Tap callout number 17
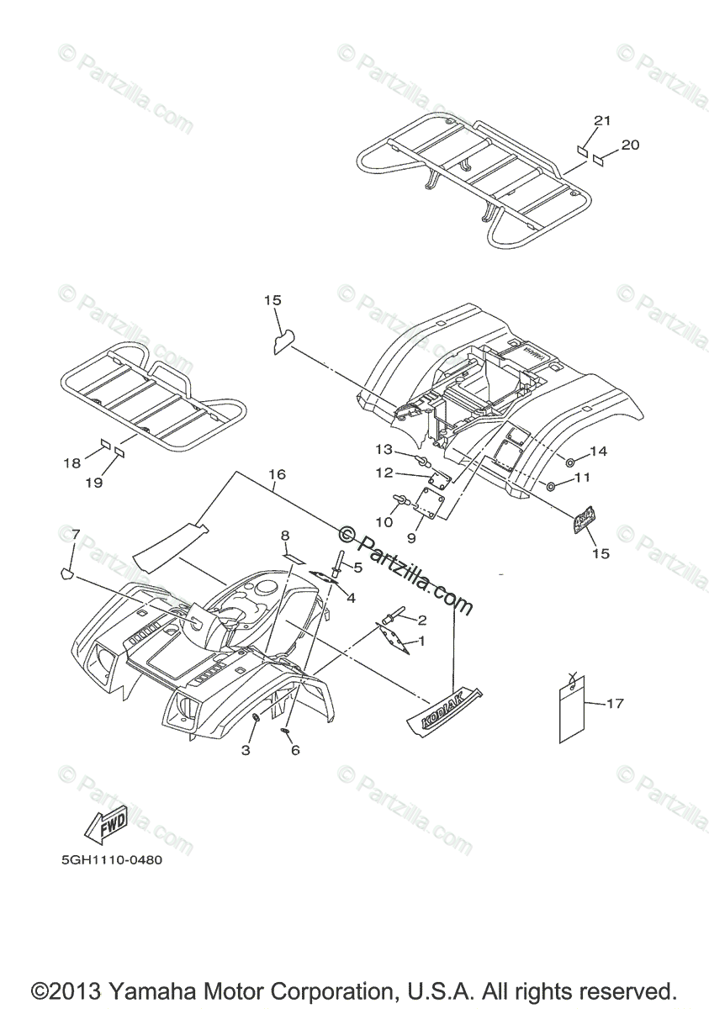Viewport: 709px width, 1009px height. [x=615, y=703]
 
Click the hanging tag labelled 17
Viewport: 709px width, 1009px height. [x=572, y=711]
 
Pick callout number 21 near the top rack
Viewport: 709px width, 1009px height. [x=602, y=121]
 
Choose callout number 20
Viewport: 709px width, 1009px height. [x=653, y=145]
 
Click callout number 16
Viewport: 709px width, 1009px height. [x=277, y=475]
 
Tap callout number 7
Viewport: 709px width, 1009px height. [x=76, y=535]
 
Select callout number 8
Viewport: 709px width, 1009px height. [x=285, y=536]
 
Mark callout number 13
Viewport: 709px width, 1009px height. [x=384, y=448]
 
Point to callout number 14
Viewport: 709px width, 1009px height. [x=598, y=452]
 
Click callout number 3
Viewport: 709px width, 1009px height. [x=246, y=750]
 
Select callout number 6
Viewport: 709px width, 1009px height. [x=295, y=750]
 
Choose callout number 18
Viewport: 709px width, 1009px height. [x=72, y=462]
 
